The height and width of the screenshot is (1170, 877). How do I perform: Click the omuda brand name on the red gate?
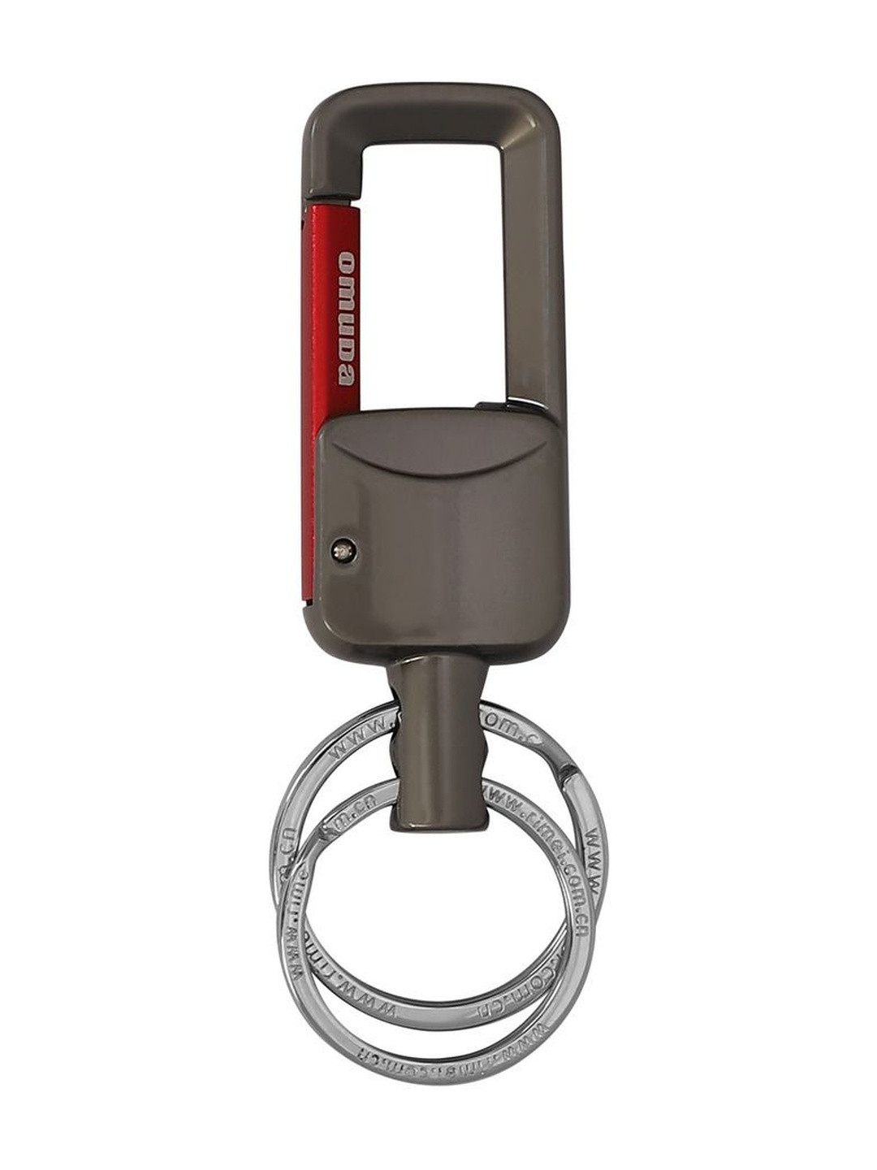pos(346,318)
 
